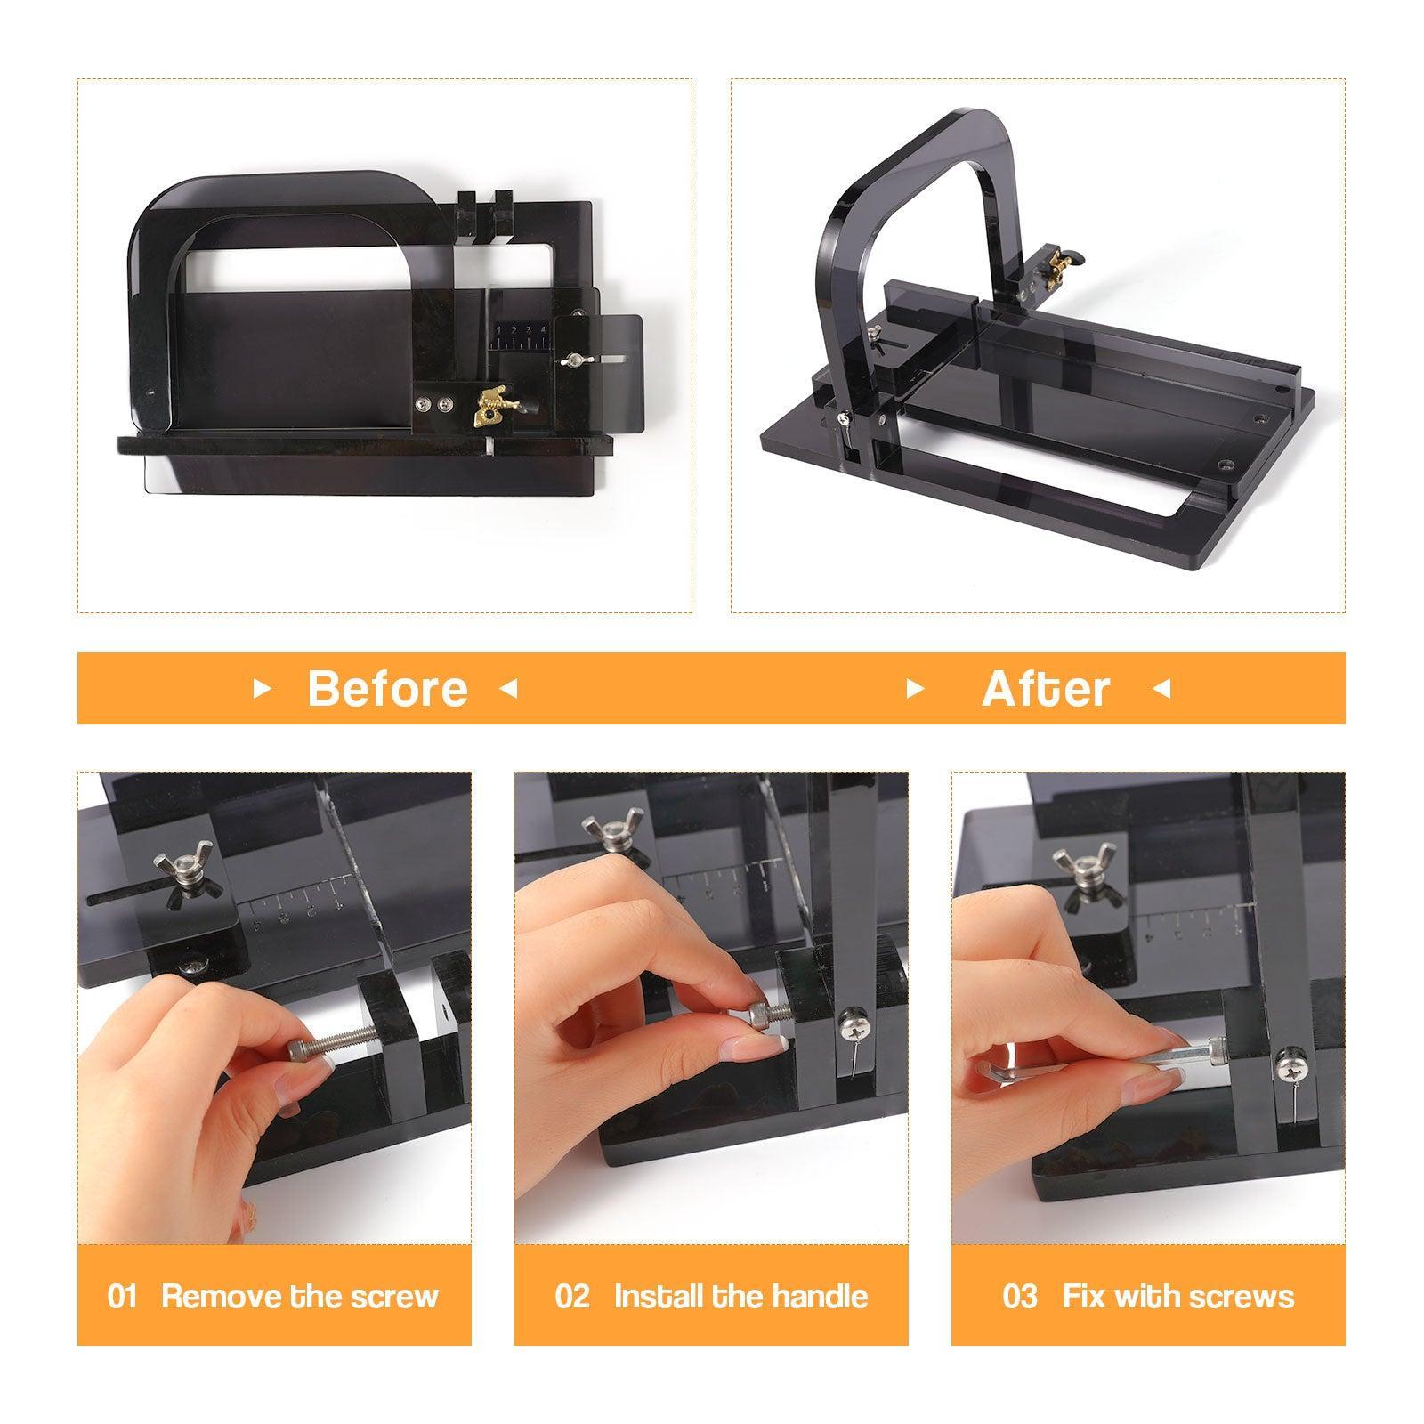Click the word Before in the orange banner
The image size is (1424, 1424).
pyautogui.click(x=387, y=689)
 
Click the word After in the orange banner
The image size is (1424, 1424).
pyautogui.click(x=1046, y=689)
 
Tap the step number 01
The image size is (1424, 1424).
pyautogui.click(x=122, y=1296)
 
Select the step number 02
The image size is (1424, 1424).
pyautogui.click(x=572, y=1296)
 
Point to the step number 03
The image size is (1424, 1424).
pyautogui.click(x=1020, y=1296)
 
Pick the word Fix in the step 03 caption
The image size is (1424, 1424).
pyautogui.click(x=1083, y=1296)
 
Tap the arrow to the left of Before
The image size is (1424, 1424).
pyautogui.click(x=262, y=689)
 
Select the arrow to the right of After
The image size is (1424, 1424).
pyautogui.click(x=1161, y=689)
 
